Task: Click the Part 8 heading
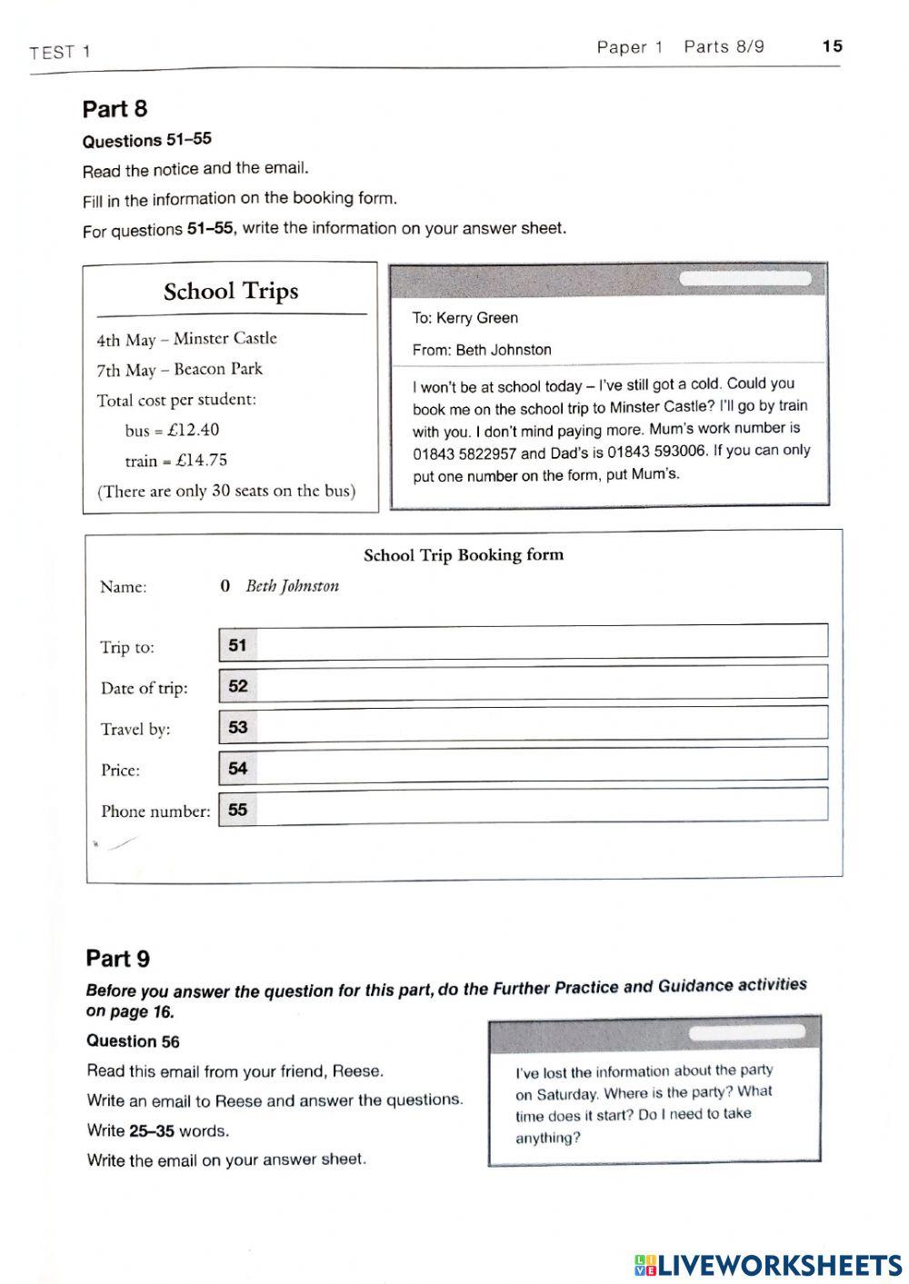pos(115,109)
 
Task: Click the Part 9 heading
pos(118,959)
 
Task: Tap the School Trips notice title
pos(231,292)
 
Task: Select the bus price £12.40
pos(194,430)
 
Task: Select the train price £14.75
pos(202,461)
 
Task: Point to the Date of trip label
pos(145,689)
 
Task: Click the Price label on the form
pos(120,771)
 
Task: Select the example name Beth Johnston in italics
pos(292,586)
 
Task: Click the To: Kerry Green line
pos(464,318)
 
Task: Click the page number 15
pos(832,46)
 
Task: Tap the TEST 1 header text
pos(60,53)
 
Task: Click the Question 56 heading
pos(133,1041)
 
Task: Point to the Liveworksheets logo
pos(768,1264)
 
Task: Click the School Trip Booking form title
pos(464,555)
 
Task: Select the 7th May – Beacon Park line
pos(179,370)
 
